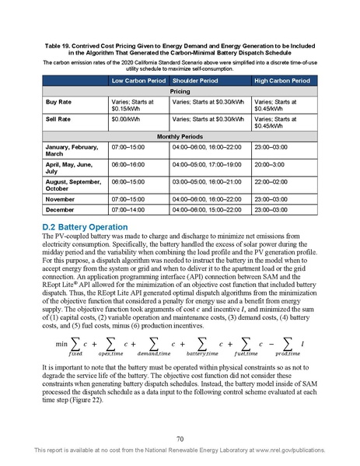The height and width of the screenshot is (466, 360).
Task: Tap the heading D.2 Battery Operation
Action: click(x=79, y=227)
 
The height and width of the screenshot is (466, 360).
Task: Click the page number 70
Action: click(x=180, y=440)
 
